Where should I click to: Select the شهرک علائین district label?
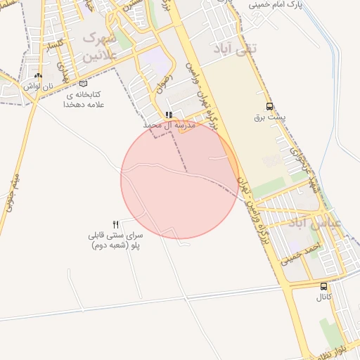(98, 46)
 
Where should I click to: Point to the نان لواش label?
(38, 85)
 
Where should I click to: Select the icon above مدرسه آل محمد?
(169, 115)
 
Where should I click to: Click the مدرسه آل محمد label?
(169, 124)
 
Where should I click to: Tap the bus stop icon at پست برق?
(270, 107)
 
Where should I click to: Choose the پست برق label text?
(267, 117)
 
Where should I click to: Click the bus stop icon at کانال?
(323, 287)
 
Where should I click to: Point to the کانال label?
(323, 297)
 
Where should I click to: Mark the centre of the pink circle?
(180, 180)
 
